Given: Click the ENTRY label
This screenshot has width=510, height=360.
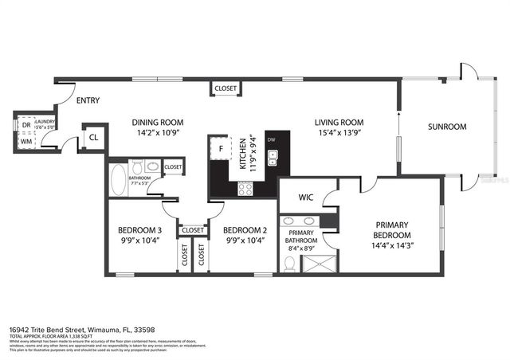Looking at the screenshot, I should click(87, 101).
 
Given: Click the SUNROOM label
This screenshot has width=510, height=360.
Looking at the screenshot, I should click(447, 127).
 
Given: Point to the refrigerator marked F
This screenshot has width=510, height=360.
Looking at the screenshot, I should click(220, 148).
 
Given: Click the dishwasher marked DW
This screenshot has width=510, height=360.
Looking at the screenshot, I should click(272, 139).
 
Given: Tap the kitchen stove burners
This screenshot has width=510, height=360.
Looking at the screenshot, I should click(246, 189).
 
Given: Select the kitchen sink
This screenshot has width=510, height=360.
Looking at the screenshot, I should click(272, 158).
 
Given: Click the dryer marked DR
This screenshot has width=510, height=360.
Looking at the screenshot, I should click(25, 126).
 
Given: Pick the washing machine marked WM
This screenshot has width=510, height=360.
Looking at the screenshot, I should click(25, 142).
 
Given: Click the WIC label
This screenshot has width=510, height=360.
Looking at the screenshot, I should click(308, 197).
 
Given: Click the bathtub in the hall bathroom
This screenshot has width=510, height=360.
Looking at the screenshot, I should click(117, 178).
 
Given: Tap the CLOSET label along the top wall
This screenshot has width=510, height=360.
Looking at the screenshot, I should click(225, 88).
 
